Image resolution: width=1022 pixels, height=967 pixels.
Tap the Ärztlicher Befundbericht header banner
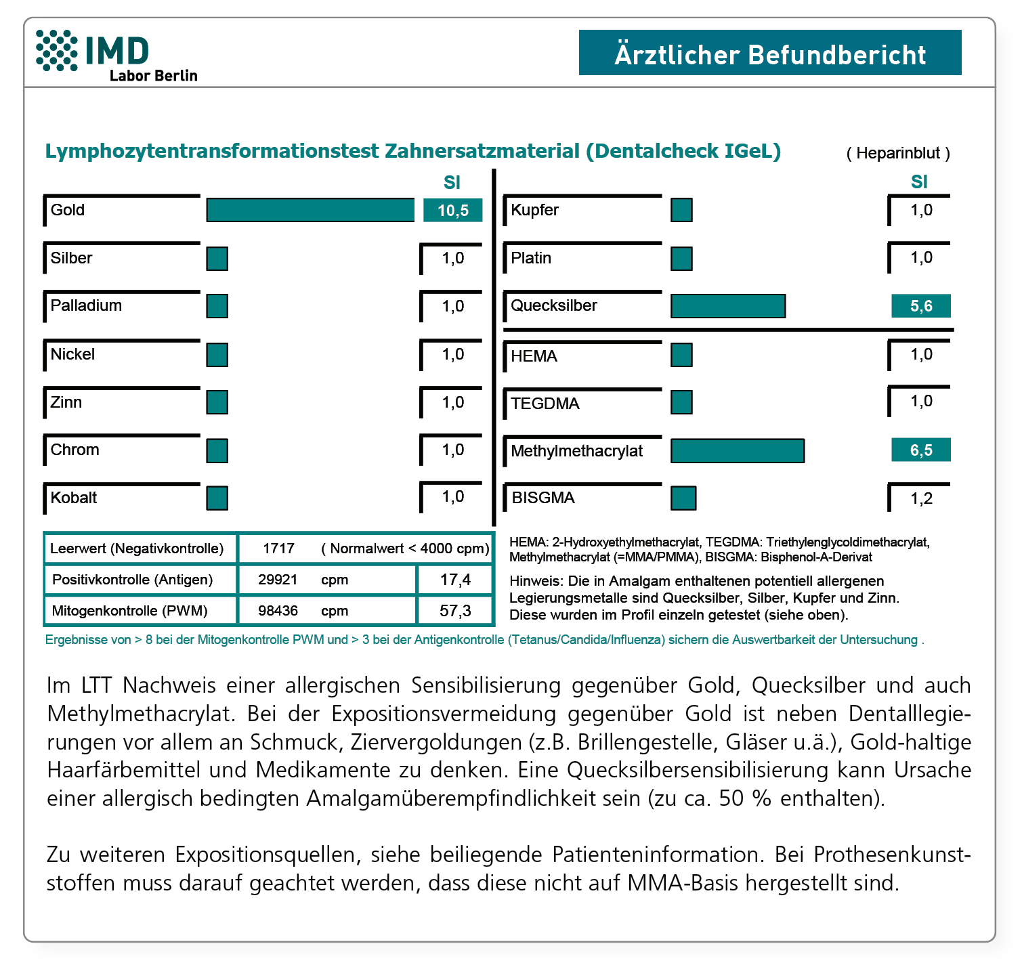point(769,53)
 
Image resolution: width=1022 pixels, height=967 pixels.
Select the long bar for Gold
point(310,210)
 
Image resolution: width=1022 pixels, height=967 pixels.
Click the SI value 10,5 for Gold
point(452,211)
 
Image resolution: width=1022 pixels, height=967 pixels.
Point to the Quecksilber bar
point(728,306)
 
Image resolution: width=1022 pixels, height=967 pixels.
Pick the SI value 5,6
point(920,306)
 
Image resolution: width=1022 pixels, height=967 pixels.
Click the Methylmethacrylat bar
point(738,451)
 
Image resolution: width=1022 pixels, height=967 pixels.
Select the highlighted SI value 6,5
point(920,450)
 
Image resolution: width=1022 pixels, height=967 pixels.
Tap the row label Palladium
point(86,305)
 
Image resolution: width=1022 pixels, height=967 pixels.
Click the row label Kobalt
point(74,498)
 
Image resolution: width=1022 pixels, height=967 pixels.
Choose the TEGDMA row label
point(545,404)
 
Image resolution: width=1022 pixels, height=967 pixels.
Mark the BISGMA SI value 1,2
point(921,499)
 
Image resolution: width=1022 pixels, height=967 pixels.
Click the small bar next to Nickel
point(217,355)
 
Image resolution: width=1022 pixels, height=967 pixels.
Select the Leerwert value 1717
point(278,549)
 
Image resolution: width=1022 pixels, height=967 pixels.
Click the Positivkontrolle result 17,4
point(455,580)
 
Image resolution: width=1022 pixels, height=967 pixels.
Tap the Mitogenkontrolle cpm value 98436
point(278,611)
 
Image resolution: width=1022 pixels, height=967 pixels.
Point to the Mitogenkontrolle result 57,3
point(455,611)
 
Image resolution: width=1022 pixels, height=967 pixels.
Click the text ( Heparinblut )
point(898,153)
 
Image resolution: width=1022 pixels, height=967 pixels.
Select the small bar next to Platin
point(681,259)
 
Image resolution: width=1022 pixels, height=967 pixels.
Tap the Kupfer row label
point(534,210)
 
